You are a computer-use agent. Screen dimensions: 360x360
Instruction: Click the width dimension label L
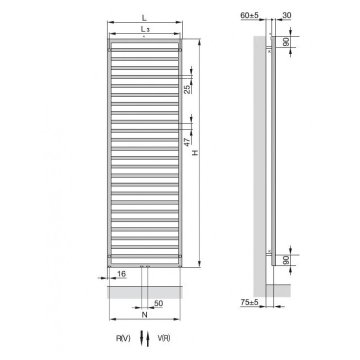(144, 17)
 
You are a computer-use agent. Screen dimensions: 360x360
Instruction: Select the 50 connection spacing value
(158, 303)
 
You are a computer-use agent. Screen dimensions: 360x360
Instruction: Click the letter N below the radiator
(144, 315)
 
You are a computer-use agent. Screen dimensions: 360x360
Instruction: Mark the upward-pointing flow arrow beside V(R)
(148, 338)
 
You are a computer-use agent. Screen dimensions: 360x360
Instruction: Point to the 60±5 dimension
(249, 15)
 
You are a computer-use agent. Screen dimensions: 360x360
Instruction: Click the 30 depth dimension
(287, 15)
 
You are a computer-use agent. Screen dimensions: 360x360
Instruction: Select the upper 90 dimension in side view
(286, 42)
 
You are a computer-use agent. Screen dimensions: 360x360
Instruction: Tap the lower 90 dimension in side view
(286, 260)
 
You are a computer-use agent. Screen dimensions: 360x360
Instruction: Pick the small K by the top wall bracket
(269, 51)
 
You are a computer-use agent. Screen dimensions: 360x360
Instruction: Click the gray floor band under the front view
(145, 292)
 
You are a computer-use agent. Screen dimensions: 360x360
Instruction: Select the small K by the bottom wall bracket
(269, 250)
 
